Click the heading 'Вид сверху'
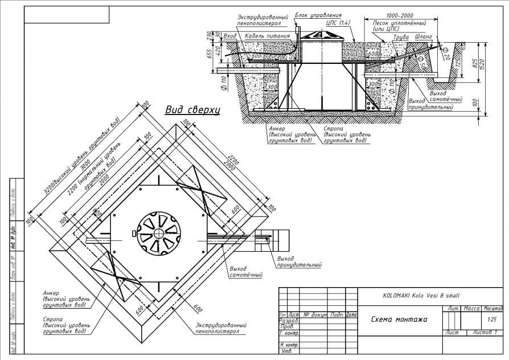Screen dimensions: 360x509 (192, 110)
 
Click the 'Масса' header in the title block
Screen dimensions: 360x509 (472, 308)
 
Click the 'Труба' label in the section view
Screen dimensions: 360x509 (402, 36)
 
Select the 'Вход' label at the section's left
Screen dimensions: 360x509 (230, 36)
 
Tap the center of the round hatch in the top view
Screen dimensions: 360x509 (157, 234)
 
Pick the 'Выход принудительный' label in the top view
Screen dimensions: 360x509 (298, 261)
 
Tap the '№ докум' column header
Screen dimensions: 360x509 (314, 314)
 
